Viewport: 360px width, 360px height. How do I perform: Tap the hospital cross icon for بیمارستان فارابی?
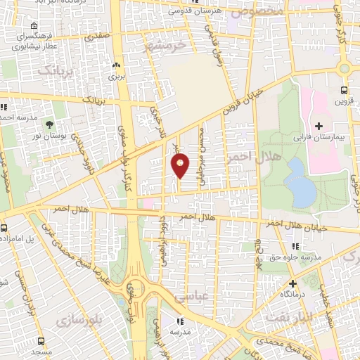tap(319, 127)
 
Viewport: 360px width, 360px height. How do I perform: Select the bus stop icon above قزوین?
tap(343, 90)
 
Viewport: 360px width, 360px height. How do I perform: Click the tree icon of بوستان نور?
tap(50, 124)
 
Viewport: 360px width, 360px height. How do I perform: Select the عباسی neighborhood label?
tap(210, 297)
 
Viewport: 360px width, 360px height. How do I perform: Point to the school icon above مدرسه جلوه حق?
tap(295, 246)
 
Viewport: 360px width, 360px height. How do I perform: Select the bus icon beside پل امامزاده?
tap(4, 228)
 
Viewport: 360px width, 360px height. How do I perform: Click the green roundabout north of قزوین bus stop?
tap(345, 68)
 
